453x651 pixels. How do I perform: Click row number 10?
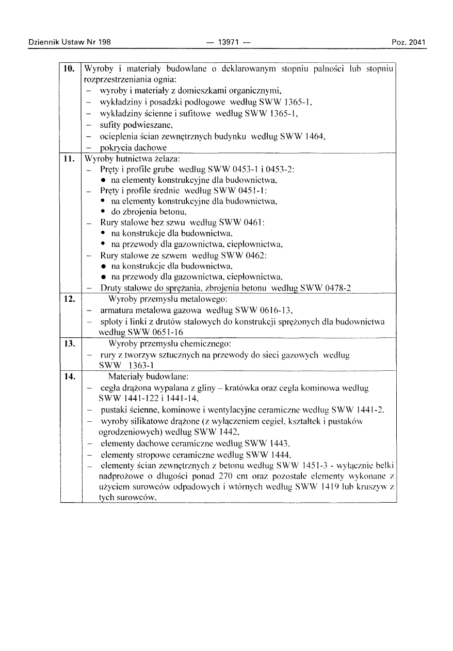70,68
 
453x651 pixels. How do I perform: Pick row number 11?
70,159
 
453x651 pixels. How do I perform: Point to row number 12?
70,299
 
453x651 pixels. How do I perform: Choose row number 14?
70,376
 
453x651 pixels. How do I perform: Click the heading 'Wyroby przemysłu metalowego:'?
169,299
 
